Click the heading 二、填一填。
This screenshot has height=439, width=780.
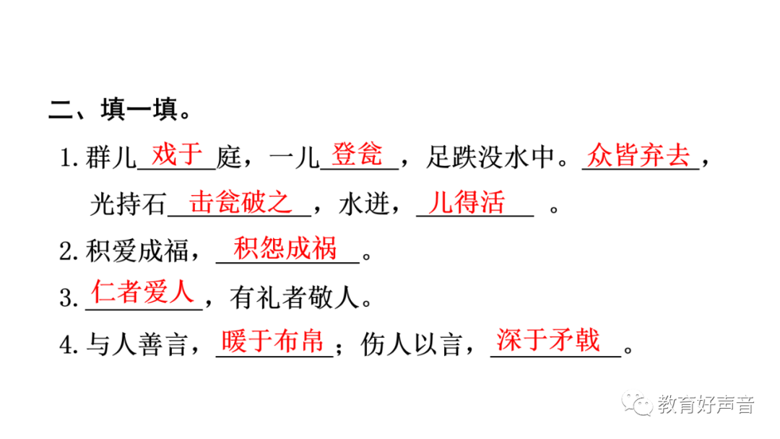click(x=120, y=112)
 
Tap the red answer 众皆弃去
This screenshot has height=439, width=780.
click(x=638, y=155)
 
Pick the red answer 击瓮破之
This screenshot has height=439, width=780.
click(x=240, y=202)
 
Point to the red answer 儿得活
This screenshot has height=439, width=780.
click(x=466, y=202)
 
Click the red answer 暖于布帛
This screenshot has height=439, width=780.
click(x=272, y=340)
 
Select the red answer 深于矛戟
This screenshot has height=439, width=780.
click(x=549, y=340)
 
